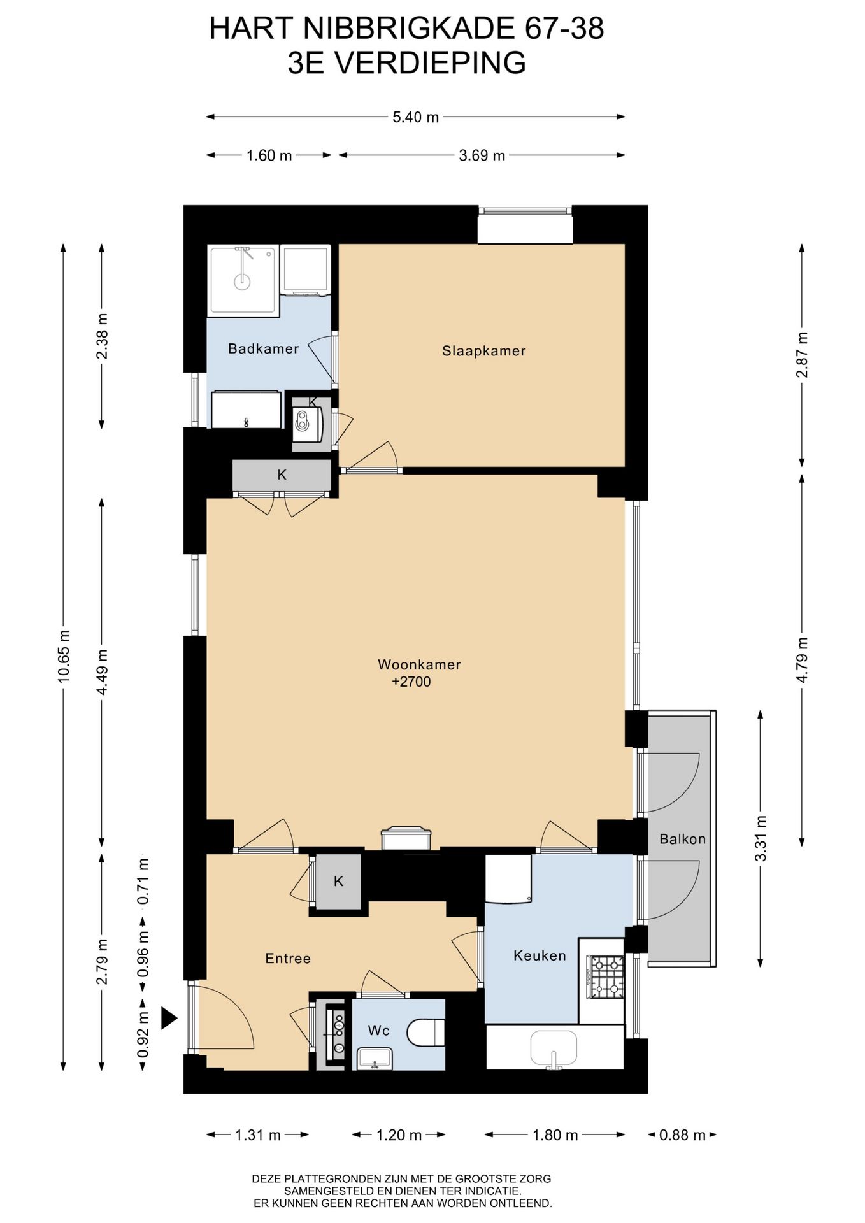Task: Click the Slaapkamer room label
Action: tap(483, 350)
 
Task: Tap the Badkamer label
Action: tap(264, 348)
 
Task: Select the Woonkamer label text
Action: tap(419, 664)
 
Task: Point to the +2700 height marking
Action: tap(411, 682)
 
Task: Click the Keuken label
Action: tap(540, 955)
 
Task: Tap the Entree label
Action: tap(288, 959)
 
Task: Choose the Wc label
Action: tap(378, 1031)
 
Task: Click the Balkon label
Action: tap(683, 839)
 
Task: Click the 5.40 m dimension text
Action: tap(416, 117)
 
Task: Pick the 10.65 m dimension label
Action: tap(63, 656)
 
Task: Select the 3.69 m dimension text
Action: tap(482, 155)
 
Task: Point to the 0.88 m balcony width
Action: tap(682, 1134)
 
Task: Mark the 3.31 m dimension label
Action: tap(761, 838)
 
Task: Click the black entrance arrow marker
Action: tap(168, 1018)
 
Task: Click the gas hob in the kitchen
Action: tap(606, 977)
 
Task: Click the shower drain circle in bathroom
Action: tap(242, 281)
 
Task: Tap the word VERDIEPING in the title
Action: tap(431, 63)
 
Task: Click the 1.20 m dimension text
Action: tap(399, 1134)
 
